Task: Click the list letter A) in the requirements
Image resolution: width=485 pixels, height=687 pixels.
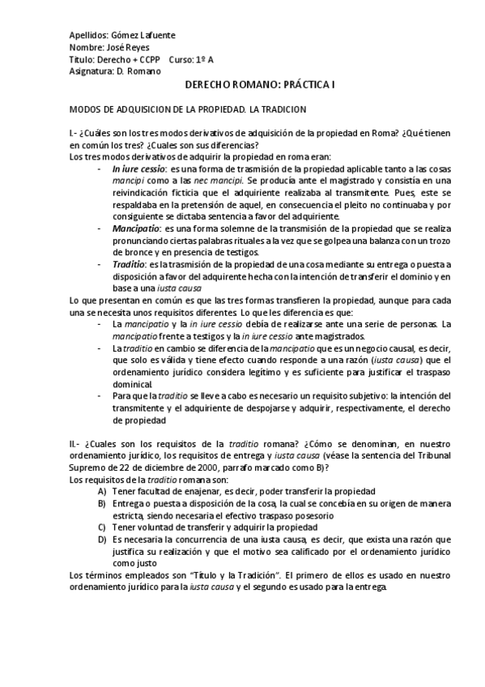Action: (x=101, y=492)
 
